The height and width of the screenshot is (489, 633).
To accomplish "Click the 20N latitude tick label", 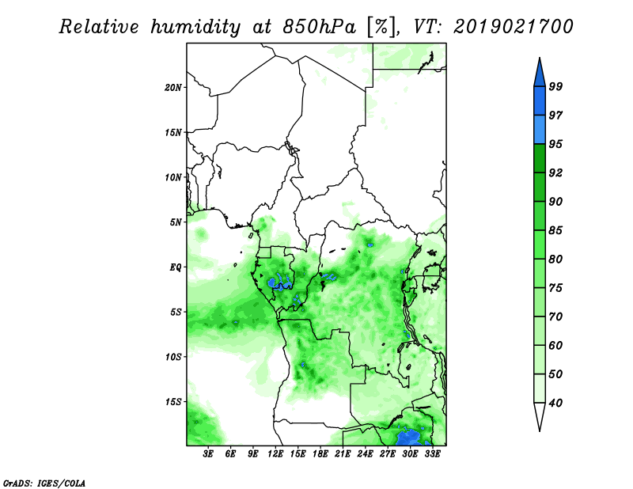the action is click(x=173, y=88).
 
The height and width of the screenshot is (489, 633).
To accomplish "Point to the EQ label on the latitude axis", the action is click(x=176, y=267).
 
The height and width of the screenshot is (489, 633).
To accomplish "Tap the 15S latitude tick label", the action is click(x=173, y=402).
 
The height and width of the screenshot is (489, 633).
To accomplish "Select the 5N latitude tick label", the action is click(x=176, y=222).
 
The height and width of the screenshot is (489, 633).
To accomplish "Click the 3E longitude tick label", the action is click(x=208, y=454).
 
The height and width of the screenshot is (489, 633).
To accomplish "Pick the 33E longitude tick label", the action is click(x=432, y=454).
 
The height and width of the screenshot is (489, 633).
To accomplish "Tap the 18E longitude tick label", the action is click(x=320, y=454).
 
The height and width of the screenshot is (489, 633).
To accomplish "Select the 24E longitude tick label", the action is click(x=365, y=454).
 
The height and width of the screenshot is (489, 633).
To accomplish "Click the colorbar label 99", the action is click(x=555, y=86).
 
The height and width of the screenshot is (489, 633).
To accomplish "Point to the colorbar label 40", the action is click(x=555, y=403).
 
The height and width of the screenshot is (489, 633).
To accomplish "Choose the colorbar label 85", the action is click(x=555, y=230).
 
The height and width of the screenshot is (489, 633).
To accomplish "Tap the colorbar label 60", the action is click(x=555, y=345).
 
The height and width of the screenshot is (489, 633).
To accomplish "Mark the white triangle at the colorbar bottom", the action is click(x=540, y=415).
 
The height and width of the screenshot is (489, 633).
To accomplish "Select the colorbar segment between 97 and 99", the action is click(x=540, y=101).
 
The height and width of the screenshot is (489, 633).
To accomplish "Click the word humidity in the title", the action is click(x=195, y=27).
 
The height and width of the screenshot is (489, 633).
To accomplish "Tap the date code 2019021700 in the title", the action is click(x=513, y=27).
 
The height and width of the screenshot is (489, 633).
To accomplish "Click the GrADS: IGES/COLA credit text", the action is click(x=44, y=483).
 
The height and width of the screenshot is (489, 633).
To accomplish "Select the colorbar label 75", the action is click(x=555, y=288).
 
